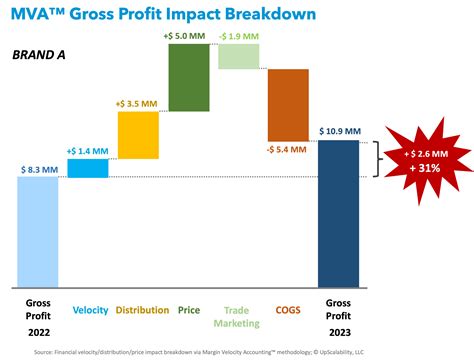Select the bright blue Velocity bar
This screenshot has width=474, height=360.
pos(88,168)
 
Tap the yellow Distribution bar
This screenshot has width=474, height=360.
pos(138,134)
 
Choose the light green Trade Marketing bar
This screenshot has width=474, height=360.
pos(237,56)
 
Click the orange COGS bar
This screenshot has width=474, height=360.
pos(287,105)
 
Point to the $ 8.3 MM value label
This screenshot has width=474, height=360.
pos(39,170)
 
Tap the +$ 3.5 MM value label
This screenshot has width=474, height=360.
pos(138,102)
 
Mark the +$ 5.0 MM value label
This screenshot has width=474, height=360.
pos(188,35)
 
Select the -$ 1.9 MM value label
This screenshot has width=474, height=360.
pos(238,35)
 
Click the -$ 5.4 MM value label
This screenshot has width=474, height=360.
pos(287,150)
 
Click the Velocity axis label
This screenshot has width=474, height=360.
pos(88,311)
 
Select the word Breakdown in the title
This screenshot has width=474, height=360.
pos(260,15)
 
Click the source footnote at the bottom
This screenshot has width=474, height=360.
pos(237,351)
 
